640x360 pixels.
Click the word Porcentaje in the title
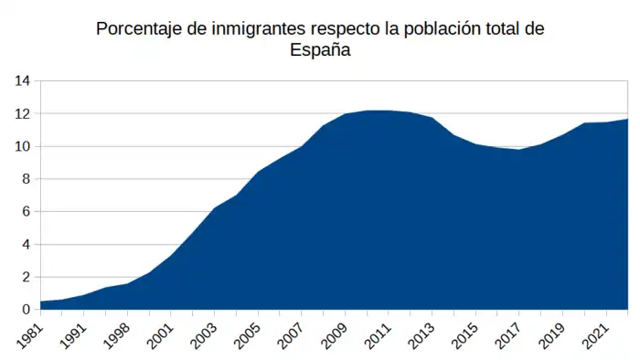coord(138,29)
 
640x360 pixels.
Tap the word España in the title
coord(320,51)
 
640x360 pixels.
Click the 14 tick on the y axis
coord(23,81)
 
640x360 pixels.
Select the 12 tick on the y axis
coord(23,114)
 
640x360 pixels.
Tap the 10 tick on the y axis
coord(23,146)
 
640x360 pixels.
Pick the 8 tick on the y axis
coord(27,179)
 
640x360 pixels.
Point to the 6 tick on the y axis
coord(27,212)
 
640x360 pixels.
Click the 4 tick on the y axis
coord(27,244)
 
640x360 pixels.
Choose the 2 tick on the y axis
coord(27,277)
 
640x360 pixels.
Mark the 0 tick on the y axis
coord(27,310)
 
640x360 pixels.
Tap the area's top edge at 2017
coord(518,149)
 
